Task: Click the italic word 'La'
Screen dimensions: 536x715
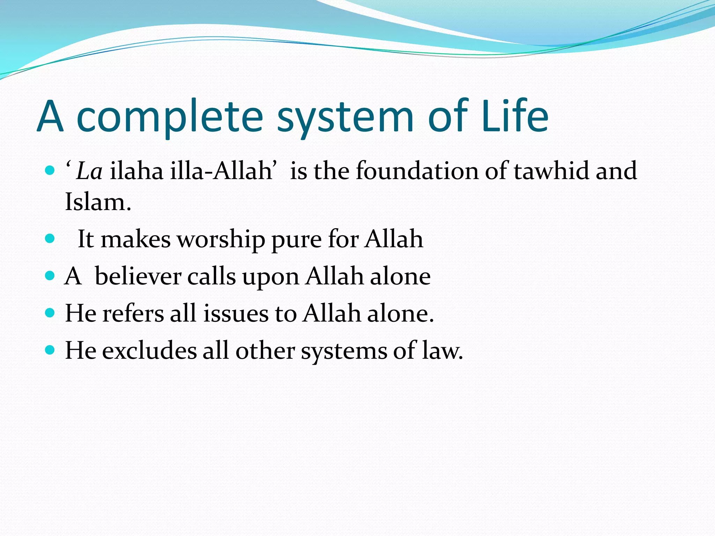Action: pos(89,171)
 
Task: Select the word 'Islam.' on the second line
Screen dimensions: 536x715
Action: pos(98,202)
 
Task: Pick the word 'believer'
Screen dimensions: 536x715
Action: pos(138,276)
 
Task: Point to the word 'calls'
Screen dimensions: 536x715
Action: pos(212,276)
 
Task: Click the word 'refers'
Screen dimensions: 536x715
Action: pos(133,313)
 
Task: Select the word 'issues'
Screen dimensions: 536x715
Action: pos(236,313)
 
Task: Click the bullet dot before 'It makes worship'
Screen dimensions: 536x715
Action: pos(50,238)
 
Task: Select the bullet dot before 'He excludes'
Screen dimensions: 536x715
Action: pos(50,350)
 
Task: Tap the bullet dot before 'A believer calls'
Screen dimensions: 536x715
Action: pos(50,276)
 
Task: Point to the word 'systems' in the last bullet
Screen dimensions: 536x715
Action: pos(344,351)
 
